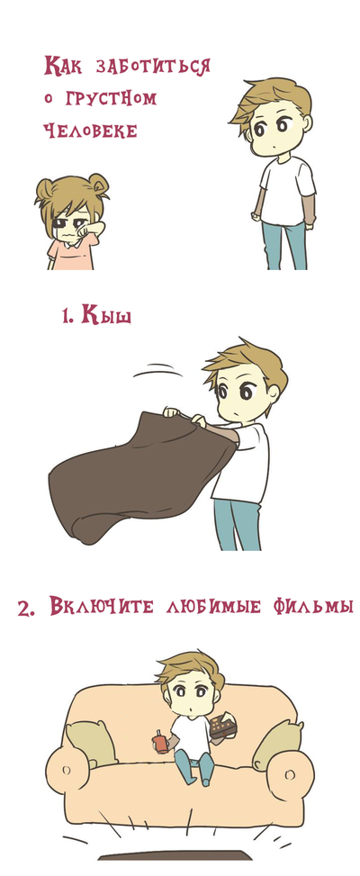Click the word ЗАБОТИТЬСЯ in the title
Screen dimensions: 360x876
tap(154, 67)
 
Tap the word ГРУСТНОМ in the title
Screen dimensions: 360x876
tap(111, 99)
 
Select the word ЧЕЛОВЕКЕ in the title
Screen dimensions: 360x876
tap(90, 131)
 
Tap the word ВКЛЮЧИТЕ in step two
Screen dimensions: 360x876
tap(102, 606)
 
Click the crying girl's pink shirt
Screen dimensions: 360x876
tap(71, 253)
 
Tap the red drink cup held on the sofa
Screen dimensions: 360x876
tap(161, 743)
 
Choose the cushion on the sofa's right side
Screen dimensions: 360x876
tap(277, 745)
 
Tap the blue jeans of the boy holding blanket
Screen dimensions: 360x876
tap(237, 523)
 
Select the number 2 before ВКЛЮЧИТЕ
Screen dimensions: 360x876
tap(26, 609)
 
